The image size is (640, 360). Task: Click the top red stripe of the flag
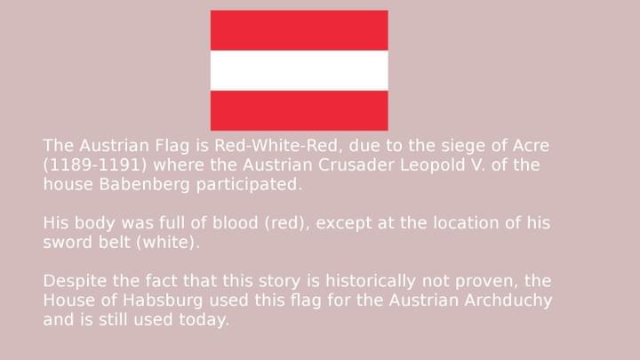click(299, 30)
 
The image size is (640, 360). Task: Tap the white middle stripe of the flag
click(299, 70)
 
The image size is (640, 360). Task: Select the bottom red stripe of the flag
click(299, 110)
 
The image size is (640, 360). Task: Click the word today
click(204, 320)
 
